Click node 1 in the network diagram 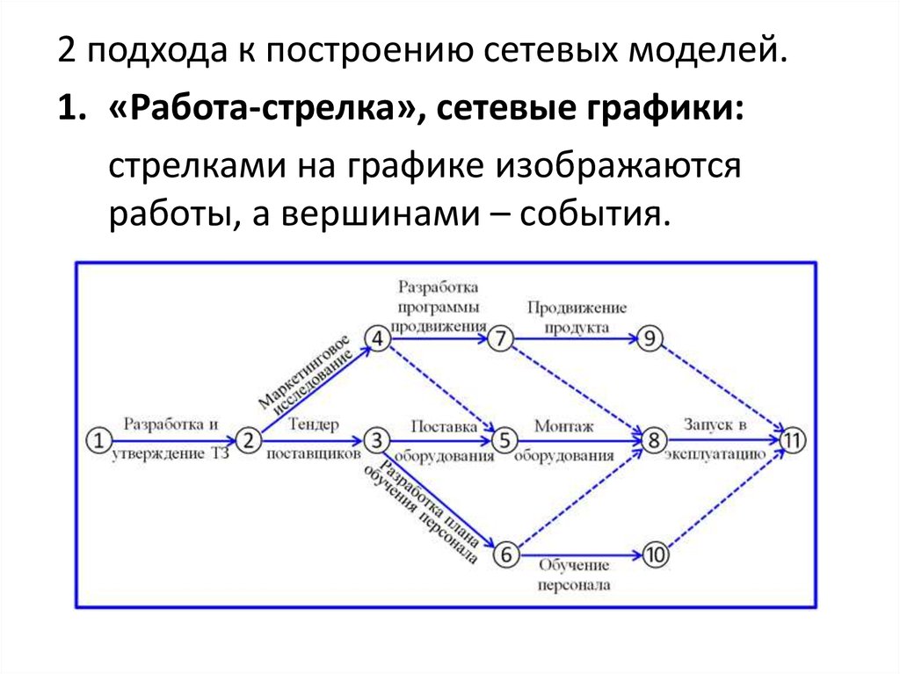100,439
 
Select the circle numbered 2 249,439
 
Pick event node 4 377,339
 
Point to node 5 505,439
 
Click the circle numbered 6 505,554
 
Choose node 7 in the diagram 500,339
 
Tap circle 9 650,339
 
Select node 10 656,554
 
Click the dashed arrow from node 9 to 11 721,388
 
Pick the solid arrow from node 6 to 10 580,554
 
